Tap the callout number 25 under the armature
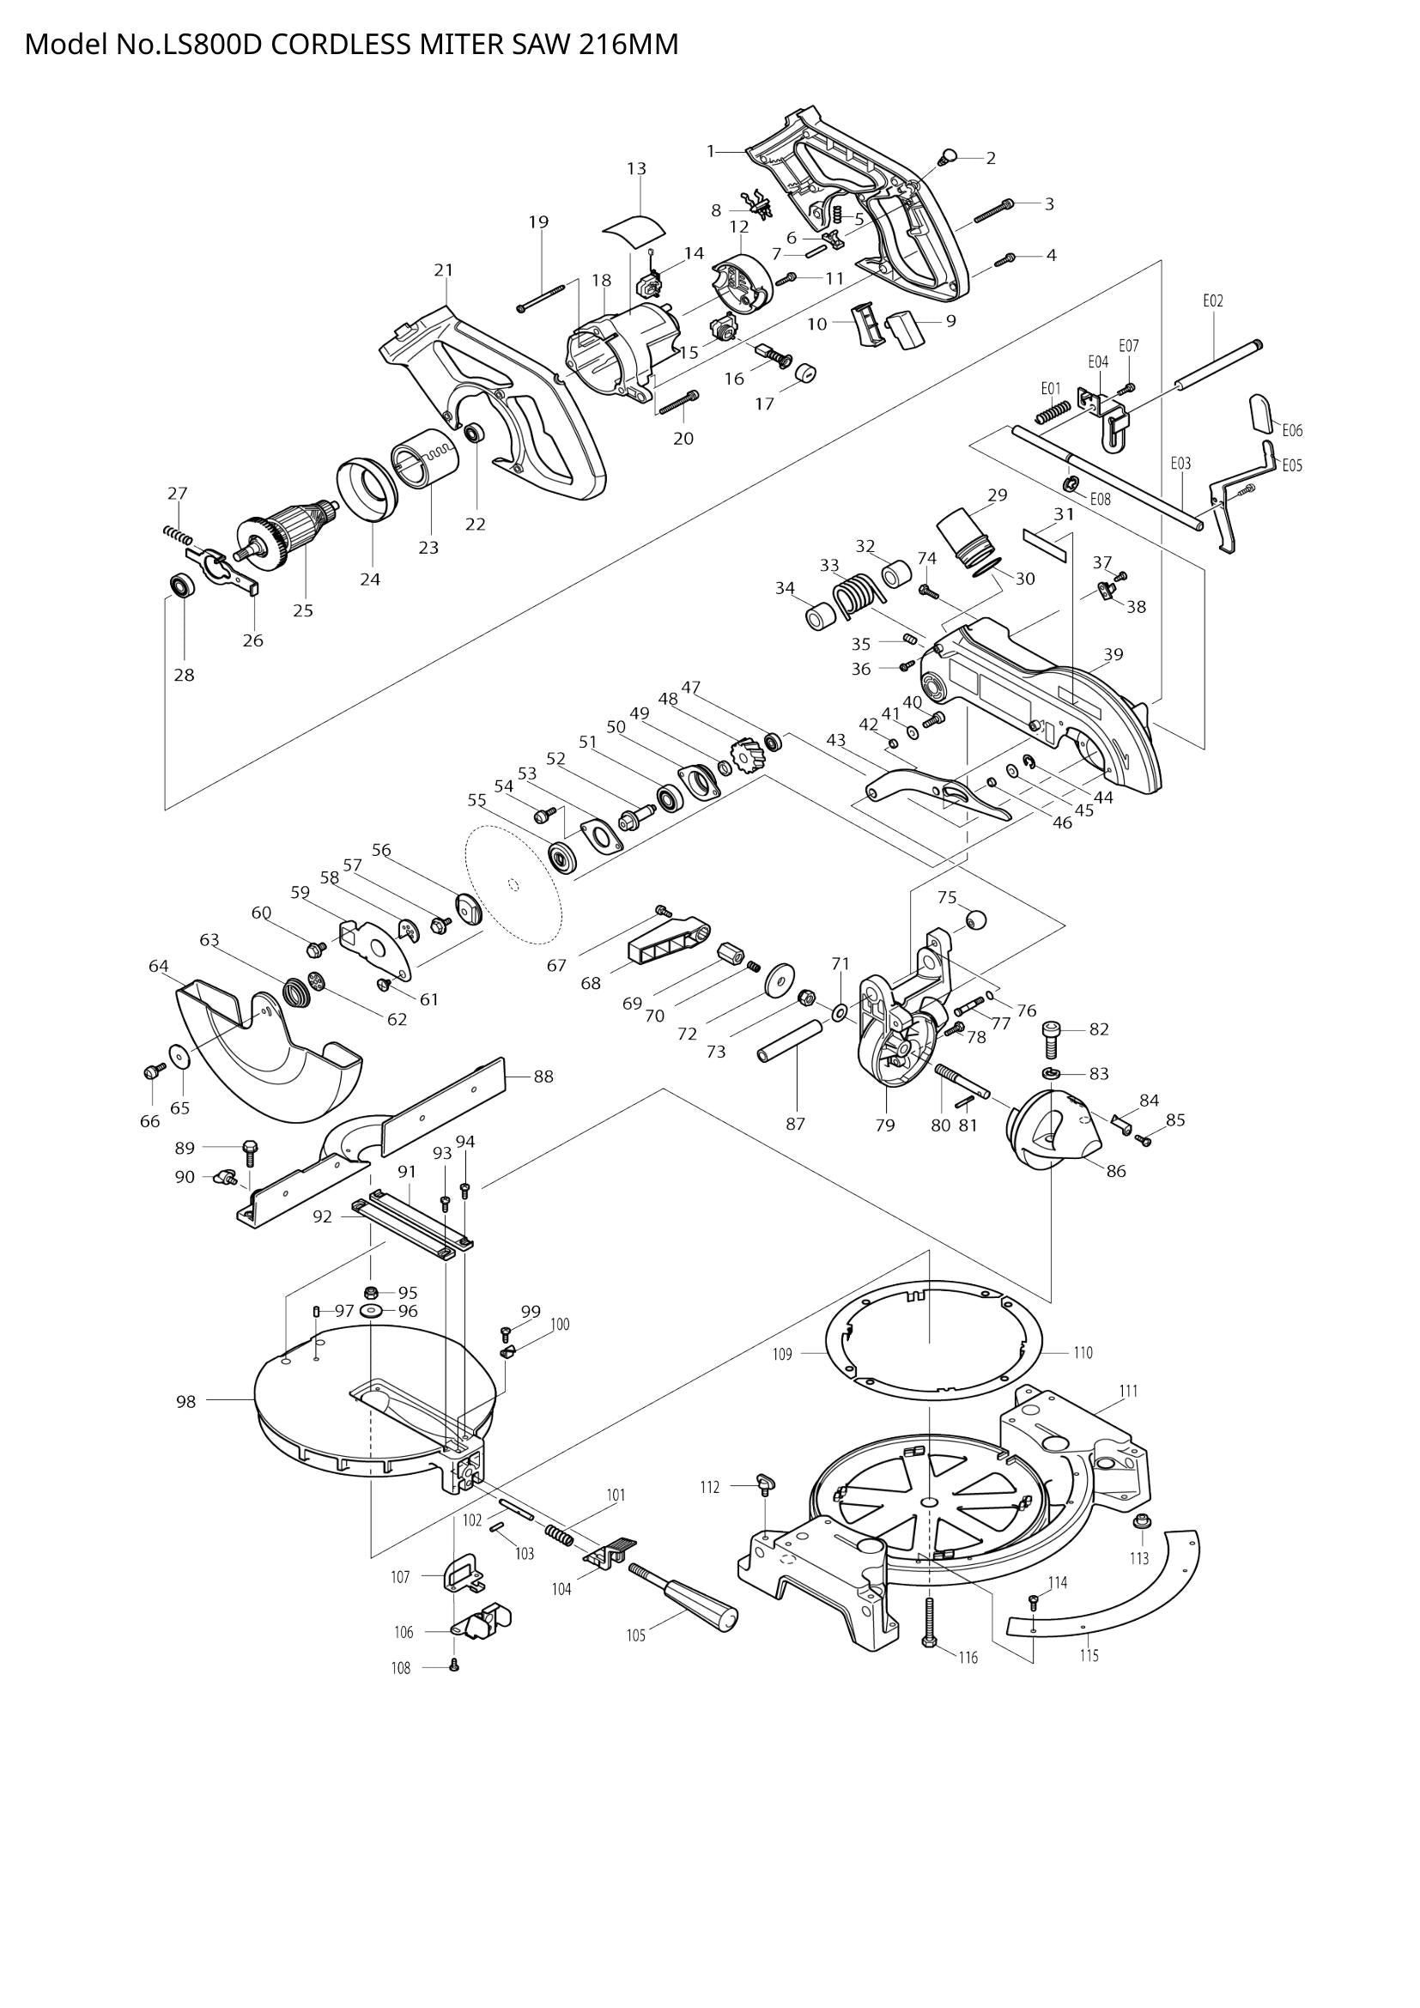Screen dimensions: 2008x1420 [x=302, y=610]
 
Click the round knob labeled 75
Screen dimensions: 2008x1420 [x=975, y=920]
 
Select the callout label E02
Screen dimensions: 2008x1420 [x=1212, y=300]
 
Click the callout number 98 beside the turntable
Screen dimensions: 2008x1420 [x=185, y=1401]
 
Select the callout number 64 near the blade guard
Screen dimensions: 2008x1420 [x=158, y=966]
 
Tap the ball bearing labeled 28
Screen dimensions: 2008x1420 [x=182, y=586]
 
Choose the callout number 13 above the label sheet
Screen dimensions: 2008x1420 [x=636, y=168]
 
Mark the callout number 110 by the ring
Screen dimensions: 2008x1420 [x=1083, y=1352]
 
